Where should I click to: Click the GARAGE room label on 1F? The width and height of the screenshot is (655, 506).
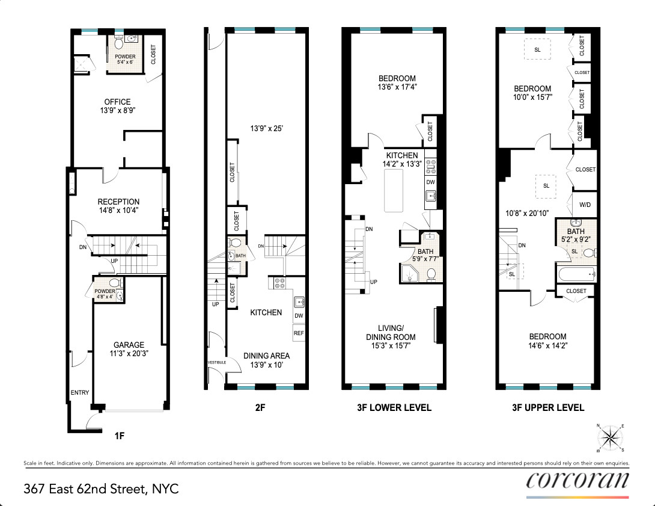[129, 345]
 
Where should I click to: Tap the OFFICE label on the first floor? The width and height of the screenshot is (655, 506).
[117, 102]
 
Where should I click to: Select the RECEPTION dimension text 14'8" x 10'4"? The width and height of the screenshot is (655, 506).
[119, 211]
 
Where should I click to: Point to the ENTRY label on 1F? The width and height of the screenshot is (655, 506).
[80, 392]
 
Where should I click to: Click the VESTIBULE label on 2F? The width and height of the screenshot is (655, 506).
[216, 362]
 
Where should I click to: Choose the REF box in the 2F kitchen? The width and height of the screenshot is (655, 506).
[299, 332]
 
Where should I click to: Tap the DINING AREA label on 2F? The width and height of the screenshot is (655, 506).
[266, 356]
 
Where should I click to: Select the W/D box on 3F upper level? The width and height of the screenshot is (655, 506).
[585, 205]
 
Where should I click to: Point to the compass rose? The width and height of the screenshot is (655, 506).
[611, 437]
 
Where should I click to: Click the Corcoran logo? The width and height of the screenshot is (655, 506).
[577, 481]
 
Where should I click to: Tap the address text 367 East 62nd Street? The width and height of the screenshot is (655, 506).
[101, 488]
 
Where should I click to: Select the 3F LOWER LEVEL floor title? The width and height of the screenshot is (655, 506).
[395, 407]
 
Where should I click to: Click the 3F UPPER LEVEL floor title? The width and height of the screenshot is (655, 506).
[547, 407]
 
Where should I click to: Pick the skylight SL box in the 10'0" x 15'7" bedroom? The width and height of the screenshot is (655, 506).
[537, 49]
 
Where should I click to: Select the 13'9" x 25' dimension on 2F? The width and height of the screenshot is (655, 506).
[266, 128]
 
